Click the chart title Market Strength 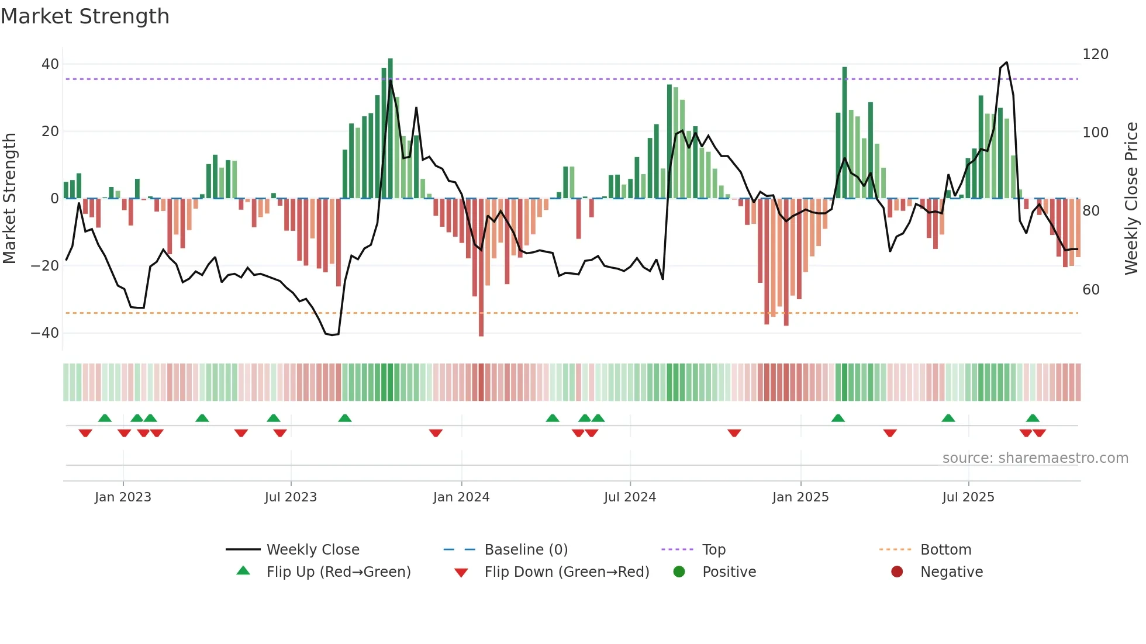point(85,16)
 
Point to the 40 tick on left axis point(50,64)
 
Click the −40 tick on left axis point(45,333)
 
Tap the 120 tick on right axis point(1095,54)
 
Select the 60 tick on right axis point(1090,290)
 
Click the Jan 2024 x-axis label point(461,497)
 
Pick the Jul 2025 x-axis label point(968,497)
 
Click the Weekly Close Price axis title point(1131,199)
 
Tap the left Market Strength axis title point(9,199)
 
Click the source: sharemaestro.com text point(1035,458)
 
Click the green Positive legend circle point(679,572)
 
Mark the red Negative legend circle point(897,572)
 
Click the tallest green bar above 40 point(391,129)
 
